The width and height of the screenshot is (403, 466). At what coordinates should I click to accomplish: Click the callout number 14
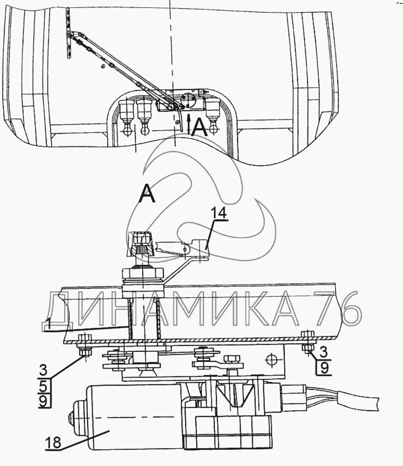(x=219, y=213)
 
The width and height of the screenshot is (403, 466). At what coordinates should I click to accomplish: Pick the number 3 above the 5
(x=43, y=371)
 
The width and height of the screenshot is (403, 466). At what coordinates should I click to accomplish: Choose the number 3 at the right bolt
(x=324, y=352)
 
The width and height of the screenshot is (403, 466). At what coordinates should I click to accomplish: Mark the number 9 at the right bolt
(x=324, y=367)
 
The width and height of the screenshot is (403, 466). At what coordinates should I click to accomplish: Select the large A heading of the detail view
(x=147, y=193)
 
